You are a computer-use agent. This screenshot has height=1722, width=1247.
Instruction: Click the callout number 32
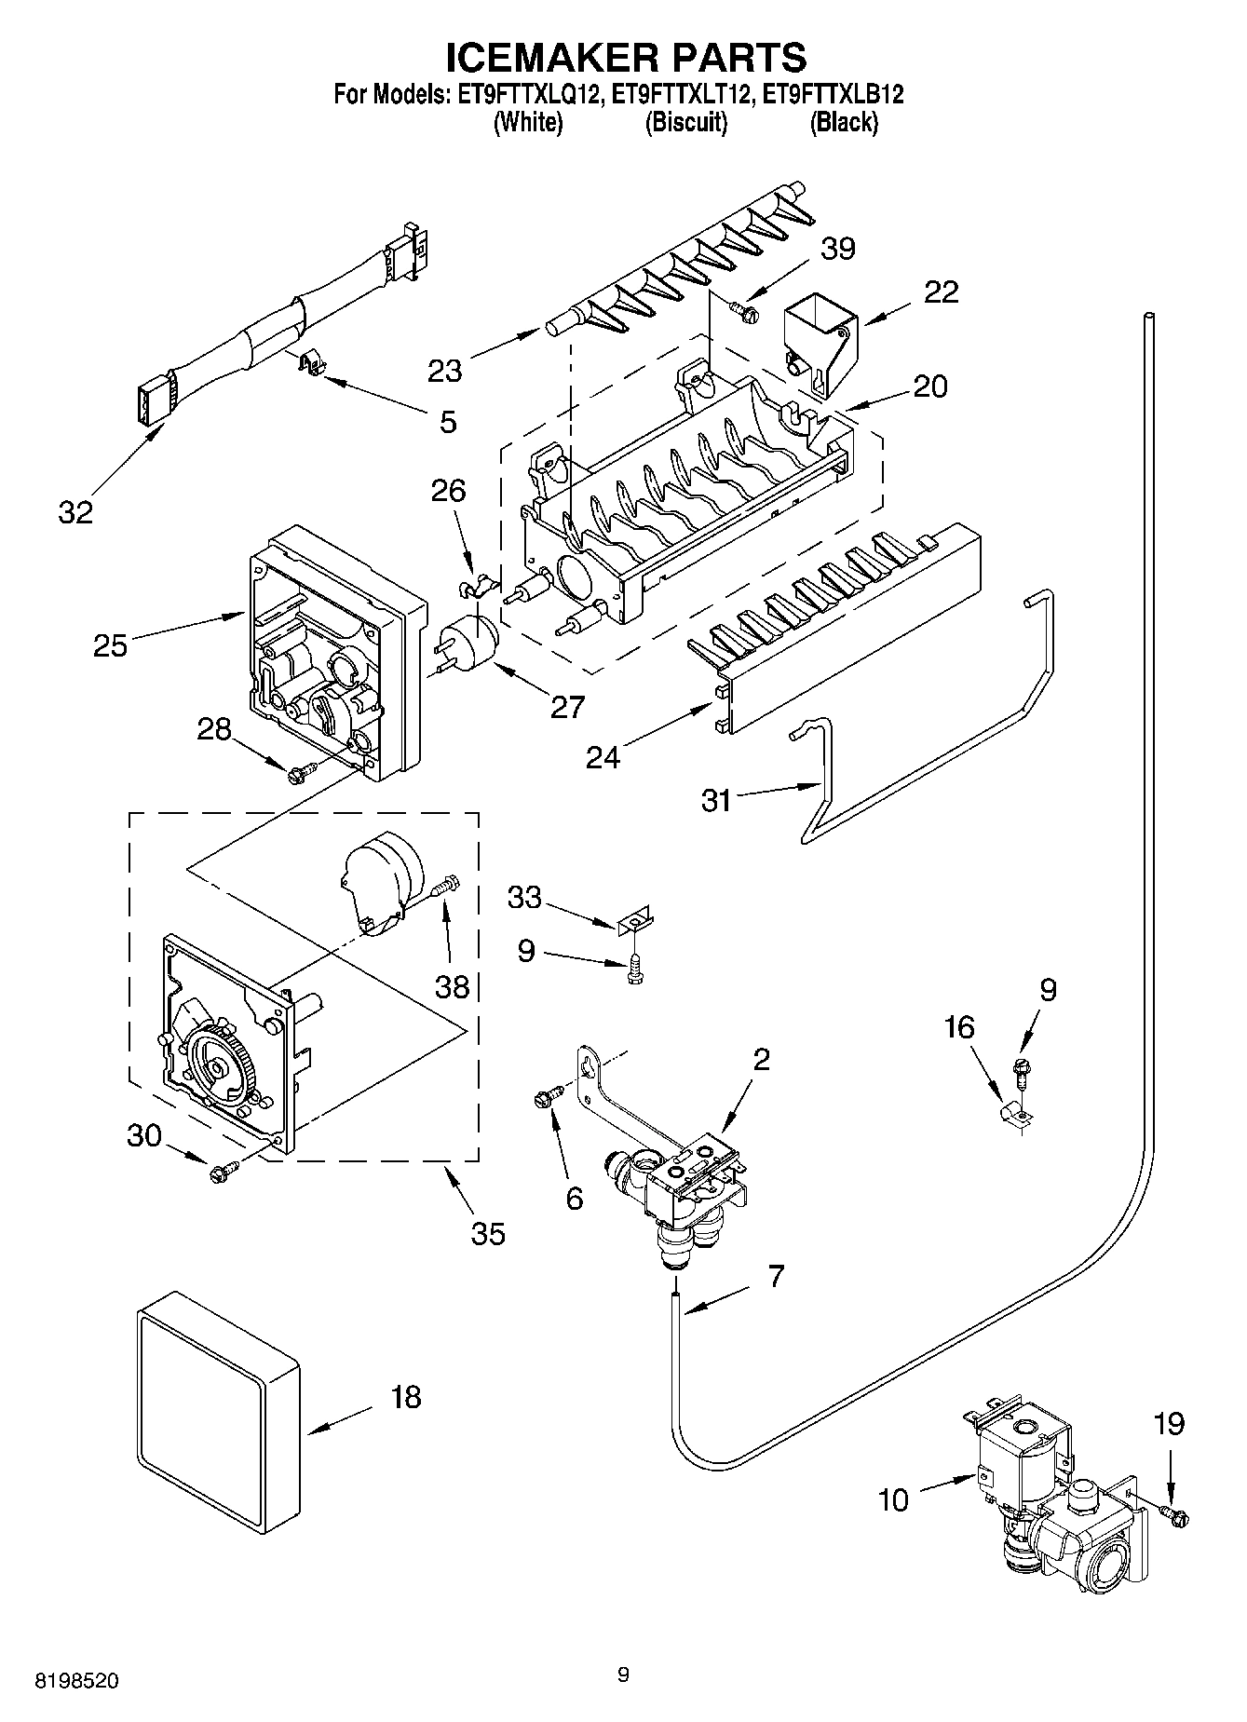click(x=76, y=511)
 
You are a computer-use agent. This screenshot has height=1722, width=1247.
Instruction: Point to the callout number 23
click(x=445, y=371)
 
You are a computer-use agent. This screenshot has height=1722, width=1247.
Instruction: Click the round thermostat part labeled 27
click(x=468, y=642)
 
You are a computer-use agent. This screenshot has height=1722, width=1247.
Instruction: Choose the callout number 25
click(x=110, y=644)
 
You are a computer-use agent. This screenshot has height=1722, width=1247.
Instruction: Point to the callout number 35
click(x=488, y=1233)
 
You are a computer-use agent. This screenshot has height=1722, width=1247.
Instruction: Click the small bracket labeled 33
click(x=634, y=924)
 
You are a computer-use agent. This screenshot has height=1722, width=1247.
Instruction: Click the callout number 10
click(x=892, y=1499)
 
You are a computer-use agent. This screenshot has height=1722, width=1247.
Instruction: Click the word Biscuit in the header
click(x=686, y=122)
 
